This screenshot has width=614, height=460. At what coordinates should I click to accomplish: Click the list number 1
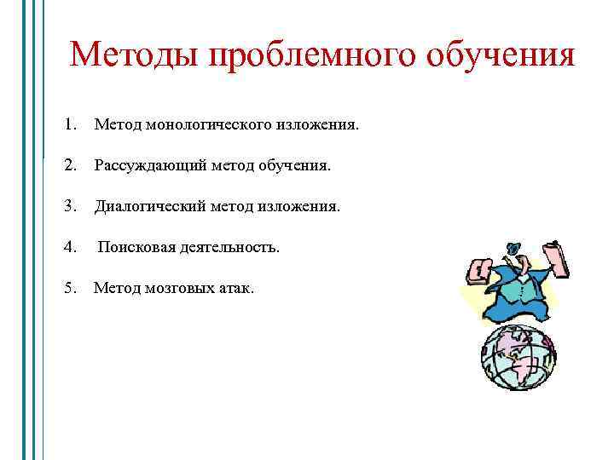tap(69, 125)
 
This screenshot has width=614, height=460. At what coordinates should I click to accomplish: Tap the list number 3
tap(69, 205)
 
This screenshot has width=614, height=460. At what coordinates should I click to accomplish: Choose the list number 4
tap(69, 247)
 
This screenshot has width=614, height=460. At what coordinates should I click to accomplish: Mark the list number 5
tap(69, 288)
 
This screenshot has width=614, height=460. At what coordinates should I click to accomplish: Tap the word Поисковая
tap(136, 247)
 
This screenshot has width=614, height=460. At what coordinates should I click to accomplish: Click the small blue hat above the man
tap(513, 249)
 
